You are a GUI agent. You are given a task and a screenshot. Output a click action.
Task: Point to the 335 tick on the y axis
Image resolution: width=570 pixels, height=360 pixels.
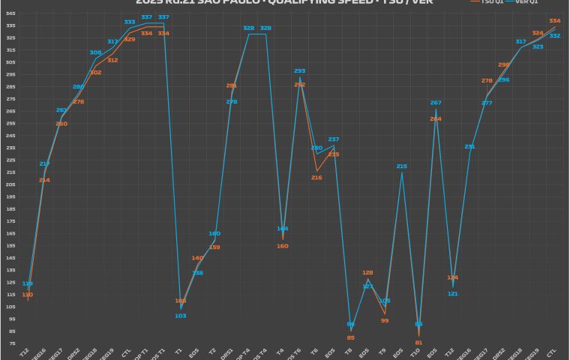click(x=10, y=25)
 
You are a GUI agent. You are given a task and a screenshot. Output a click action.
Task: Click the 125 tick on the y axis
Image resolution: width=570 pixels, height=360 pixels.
click(x=10, y=282)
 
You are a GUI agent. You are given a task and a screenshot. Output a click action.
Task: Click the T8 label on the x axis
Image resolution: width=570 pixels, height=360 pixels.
click(x=349, y=349)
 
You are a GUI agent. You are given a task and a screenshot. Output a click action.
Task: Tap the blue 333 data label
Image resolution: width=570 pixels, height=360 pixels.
click(x=130, y=22)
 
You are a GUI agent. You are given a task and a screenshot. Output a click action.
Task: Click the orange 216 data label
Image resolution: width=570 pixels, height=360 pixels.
click(x=316, y=178)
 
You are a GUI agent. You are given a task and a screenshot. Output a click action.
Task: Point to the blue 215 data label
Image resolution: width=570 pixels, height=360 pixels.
click(x=401, y=166)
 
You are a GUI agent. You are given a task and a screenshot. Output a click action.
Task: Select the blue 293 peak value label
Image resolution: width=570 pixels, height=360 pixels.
click(x=299, y=71)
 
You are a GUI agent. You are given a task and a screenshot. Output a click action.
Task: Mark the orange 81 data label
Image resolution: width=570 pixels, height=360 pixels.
click(x=418, y=342)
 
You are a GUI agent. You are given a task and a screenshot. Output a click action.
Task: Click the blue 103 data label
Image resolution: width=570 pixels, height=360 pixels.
click(x=181, y=316)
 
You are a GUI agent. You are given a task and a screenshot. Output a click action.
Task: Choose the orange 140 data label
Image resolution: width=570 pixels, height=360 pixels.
click(x=197, y=258)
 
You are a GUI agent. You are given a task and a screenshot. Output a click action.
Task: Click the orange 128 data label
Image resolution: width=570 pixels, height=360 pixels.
click(x=367, y=273)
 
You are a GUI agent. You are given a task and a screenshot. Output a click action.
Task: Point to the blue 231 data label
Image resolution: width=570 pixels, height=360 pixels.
click(x=469, y=146)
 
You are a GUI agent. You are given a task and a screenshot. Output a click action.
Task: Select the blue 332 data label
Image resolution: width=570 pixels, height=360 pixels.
click(x=555, y=36)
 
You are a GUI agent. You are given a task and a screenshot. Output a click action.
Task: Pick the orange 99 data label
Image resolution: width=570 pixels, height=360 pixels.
click(x=385, y=320)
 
